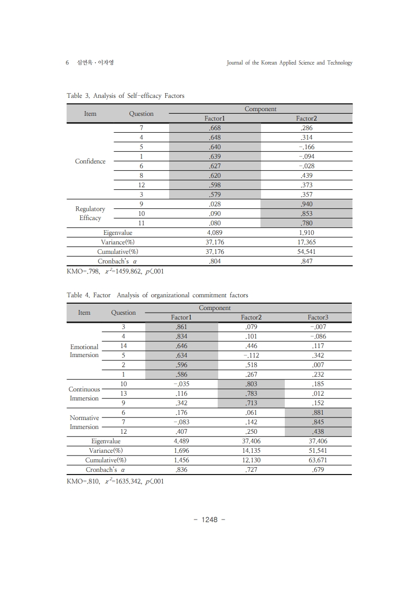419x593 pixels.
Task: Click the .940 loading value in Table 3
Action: (306, 204)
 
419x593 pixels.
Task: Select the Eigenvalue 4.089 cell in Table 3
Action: (215, 233)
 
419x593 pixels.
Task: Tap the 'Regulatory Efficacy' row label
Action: (90, 213)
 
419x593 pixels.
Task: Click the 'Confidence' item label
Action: (90, 161)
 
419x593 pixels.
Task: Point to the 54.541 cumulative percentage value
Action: (306, 252)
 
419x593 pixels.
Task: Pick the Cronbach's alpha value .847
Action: (306, 261)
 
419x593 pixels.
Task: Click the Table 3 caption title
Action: (125, 96)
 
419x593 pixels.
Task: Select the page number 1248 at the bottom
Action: (210, 519)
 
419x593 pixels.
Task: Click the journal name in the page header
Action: (289, 62)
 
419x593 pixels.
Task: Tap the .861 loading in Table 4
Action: (181, 327)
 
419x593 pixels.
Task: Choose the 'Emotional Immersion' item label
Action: (85, 351)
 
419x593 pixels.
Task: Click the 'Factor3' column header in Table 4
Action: (318, 317)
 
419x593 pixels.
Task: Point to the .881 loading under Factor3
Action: (318, 413)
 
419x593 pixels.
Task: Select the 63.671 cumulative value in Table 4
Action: (318, 460)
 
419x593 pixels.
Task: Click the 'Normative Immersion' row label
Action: (85, 422)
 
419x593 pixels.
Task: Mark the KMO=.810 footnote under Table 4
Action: (115, 481)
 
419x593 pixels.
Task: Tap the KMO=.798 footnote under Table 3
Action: (115, 272)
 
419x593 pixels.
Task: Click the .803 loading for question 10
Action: (251, 384)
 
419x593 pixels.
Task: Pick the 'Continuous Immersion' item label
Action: (85, 394)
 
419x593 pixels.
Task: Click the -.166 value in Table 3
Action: (306, 147)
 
